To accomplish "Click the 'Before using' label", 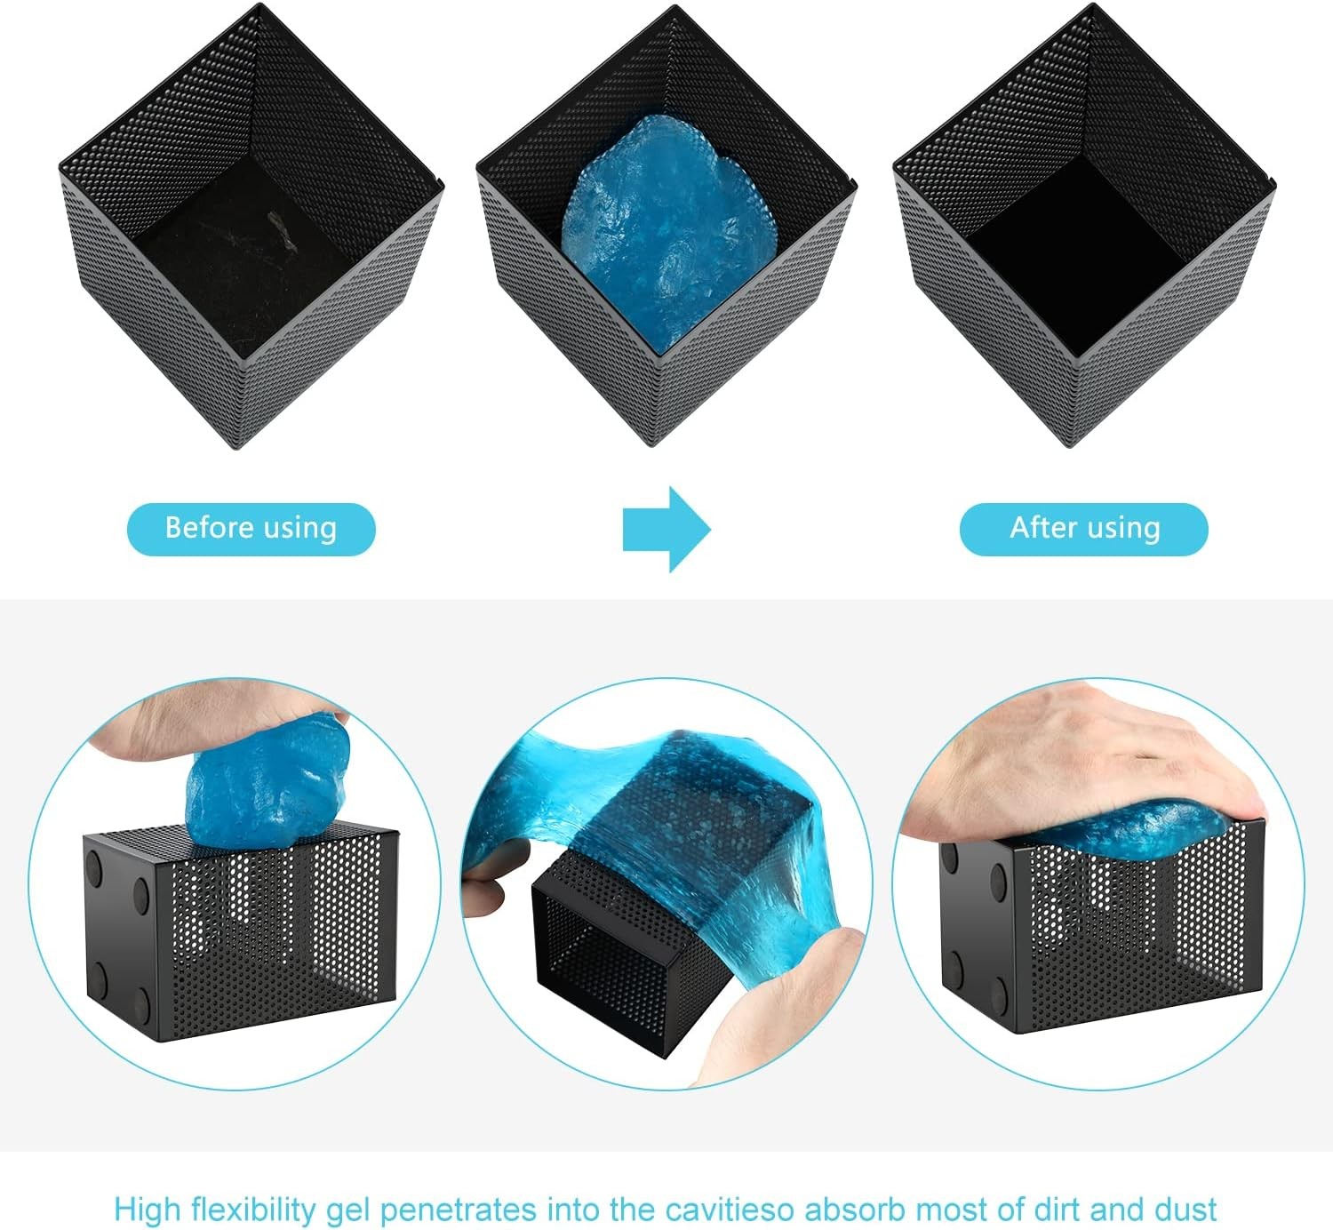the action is coord(251,529).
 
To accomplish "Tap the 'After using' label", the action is coord(1084,529).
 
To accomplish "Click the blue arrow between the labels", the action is coord(666,529).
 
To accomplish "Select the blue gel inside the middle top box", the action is coord(671,232).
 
